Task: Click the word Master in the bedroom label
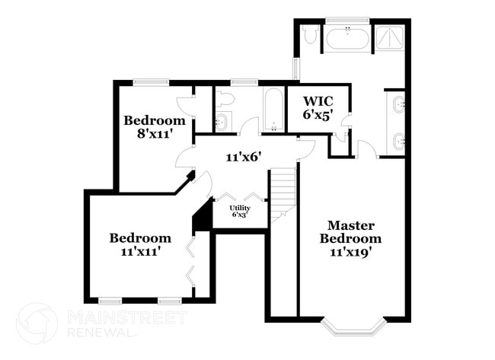click(350, 225)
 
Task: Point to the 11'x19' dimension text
click(350, 252)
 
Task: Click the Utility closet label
click(239, 207)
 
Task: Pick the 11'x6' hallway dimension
click(244, 158)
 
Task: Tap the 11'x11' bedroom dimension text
click(139, 250)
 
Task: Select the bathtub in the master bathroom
click(348, 38)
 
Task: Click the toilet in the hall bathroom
click(222, 99)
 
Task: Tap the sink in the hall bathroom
click(221, 121)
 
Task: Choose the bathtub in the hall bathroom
click(273, 111)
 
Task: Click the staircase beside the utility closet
click(282, 193)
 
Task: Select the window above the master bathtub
click(347, 21)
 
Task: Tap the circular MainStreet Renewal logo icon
click(37, 323)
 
